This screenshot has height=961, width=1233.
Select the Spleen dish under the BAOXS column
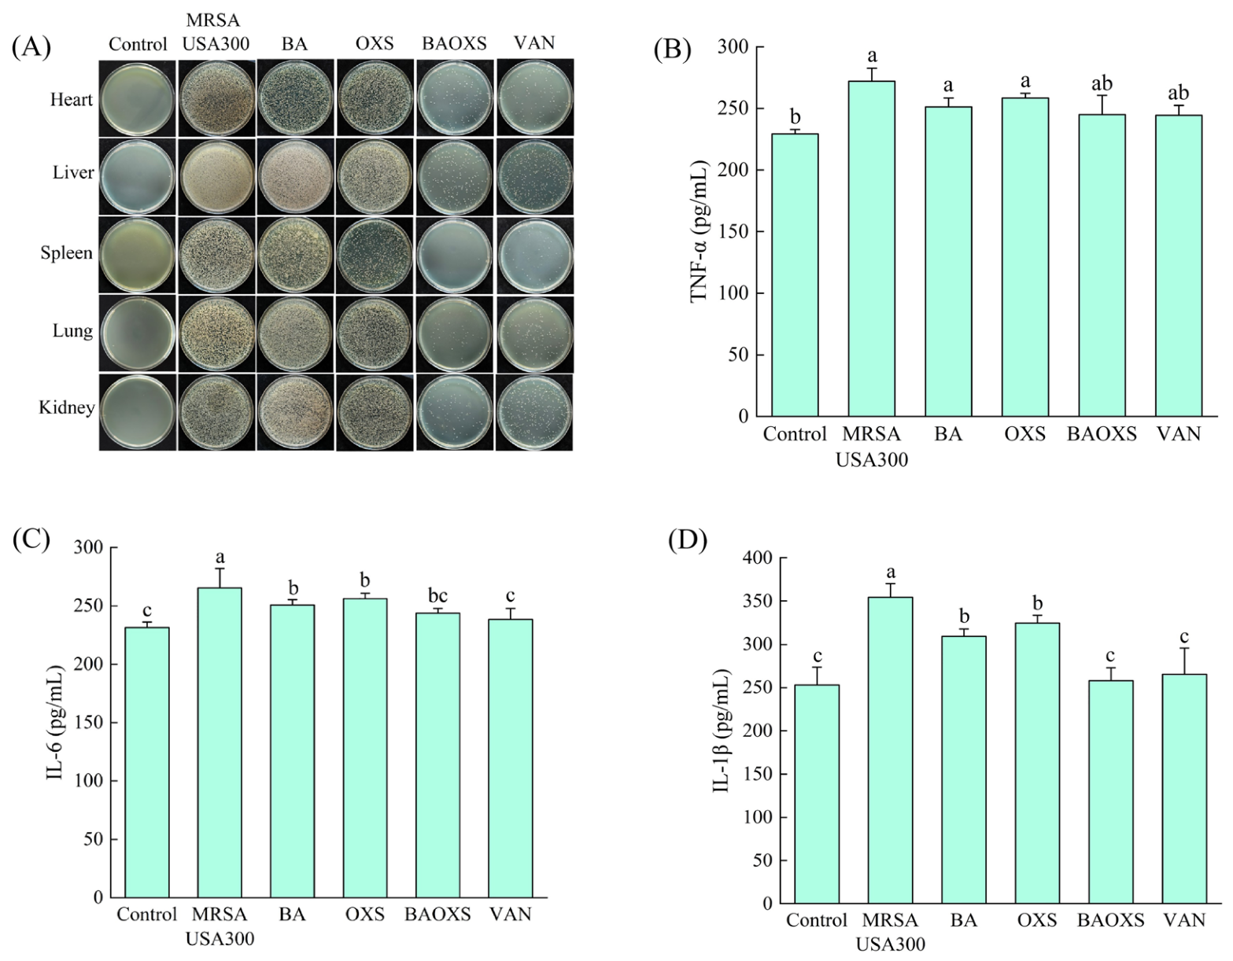pos(455,254)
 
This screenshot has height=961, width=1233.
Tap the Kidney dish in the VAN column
pos(534,411)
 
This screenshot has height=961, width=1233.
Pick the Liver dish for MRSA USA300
pos(216,175)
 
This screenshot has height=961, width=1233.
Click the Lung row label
pos(72,330)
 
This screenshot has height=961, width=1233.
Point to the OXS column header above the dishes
pos(375,44)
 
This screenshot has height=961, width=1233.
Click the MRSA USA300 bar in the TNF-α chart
pos(872,249)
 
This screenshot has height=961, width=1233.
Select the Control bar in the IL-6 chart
pos(147,762)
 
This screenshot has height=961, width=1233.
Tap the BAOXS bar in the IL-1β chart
pos(1110,791)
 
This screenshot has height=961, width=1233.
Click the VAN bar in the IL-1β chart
pos(1184,788)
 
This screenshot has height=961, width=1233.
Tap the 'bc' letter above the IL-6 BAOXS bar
pos(437,596)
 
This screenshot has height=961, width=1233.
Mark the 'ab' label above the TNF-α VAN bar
pos(1178,93)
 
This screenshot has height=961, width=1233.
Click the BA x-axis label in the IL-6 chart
pos(292,915)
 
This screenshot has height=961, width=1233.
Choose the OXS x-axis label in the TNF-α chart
pos(1025,434)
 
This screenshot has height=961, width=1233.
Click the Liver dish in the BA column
pos(295,175)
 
